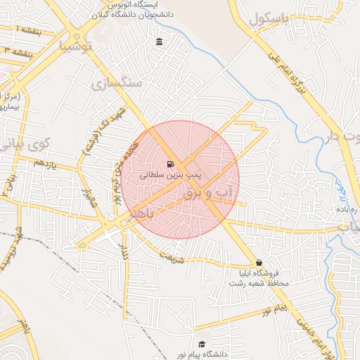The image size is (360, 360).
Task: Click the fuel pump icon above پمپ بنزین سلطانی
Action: (172, 165)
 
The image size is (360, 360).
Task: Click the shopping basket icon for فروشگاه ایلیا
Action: (259, 262)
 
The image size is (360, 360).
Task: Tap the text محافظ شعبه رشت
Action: (258, 283)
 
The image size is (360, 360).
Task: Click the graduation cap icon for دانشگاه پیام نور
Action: (202, 344)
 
